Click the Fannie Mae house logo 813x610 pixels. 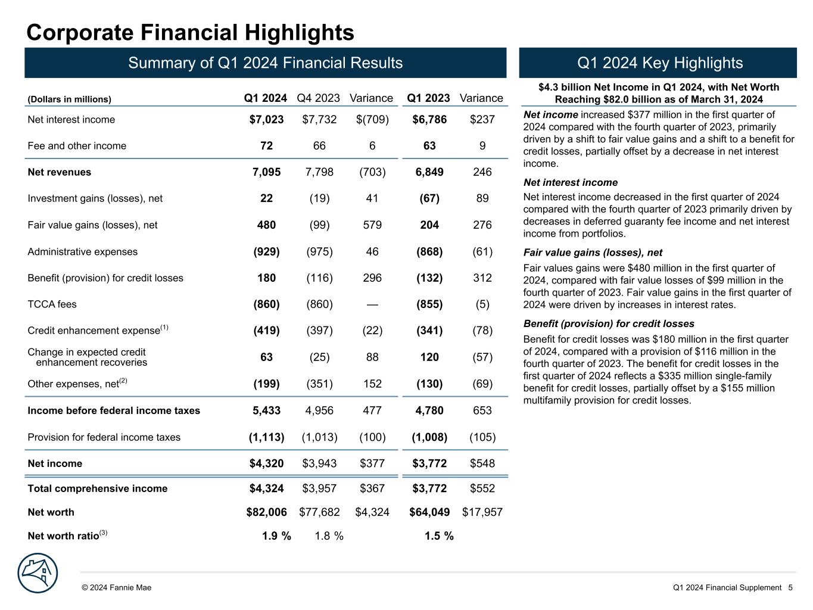pyautogui.click(x=38, y=573)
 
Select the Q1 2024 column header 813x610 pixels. pyautogui.click(x=266, y=98)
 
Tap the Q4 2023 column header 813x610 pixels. pyautogui.click(x=318, y=98)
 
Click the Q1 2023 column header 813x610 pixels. pyautogui.click(x=428, y=98)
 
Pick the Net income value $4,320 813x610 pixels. pyautogui.click(x=266, y=463)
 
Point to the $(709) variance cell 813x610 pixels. pyautogui.click(x=372, y=120)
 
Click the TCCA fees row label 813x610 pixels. pyautogui.click(x=52, y=304)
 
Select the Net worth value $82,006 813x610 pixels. pyautogui.click(x=266, y=512)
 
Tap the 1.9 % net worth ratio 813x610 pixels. pyautogui.click(x=276, y=536)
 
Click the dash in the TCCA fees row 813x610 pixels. pyautogui.click(x=372, y=304)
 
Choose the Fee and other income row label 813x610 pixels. pyautogui.click(x=77, y=146)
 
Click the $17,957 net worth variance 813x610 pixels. pyautogui.click(x=482, y=512)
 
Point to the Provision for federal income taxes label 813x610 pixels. pyautogui.click(x=104, y=437)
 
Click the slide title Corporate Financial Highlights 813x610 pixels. pyautogui.click(x=190, y=32)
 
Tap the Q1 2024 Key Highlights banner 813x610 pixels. pyautogui.click(x=658, y=63)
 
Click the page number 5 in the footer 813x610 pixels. pyautogui.click(x=790, y=588)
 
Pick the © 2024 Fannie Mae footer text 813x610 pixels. pyautogui.click(x=117, y=588)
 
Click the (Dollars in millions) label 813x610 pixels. pyautogui.click(x=70, y=99)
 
